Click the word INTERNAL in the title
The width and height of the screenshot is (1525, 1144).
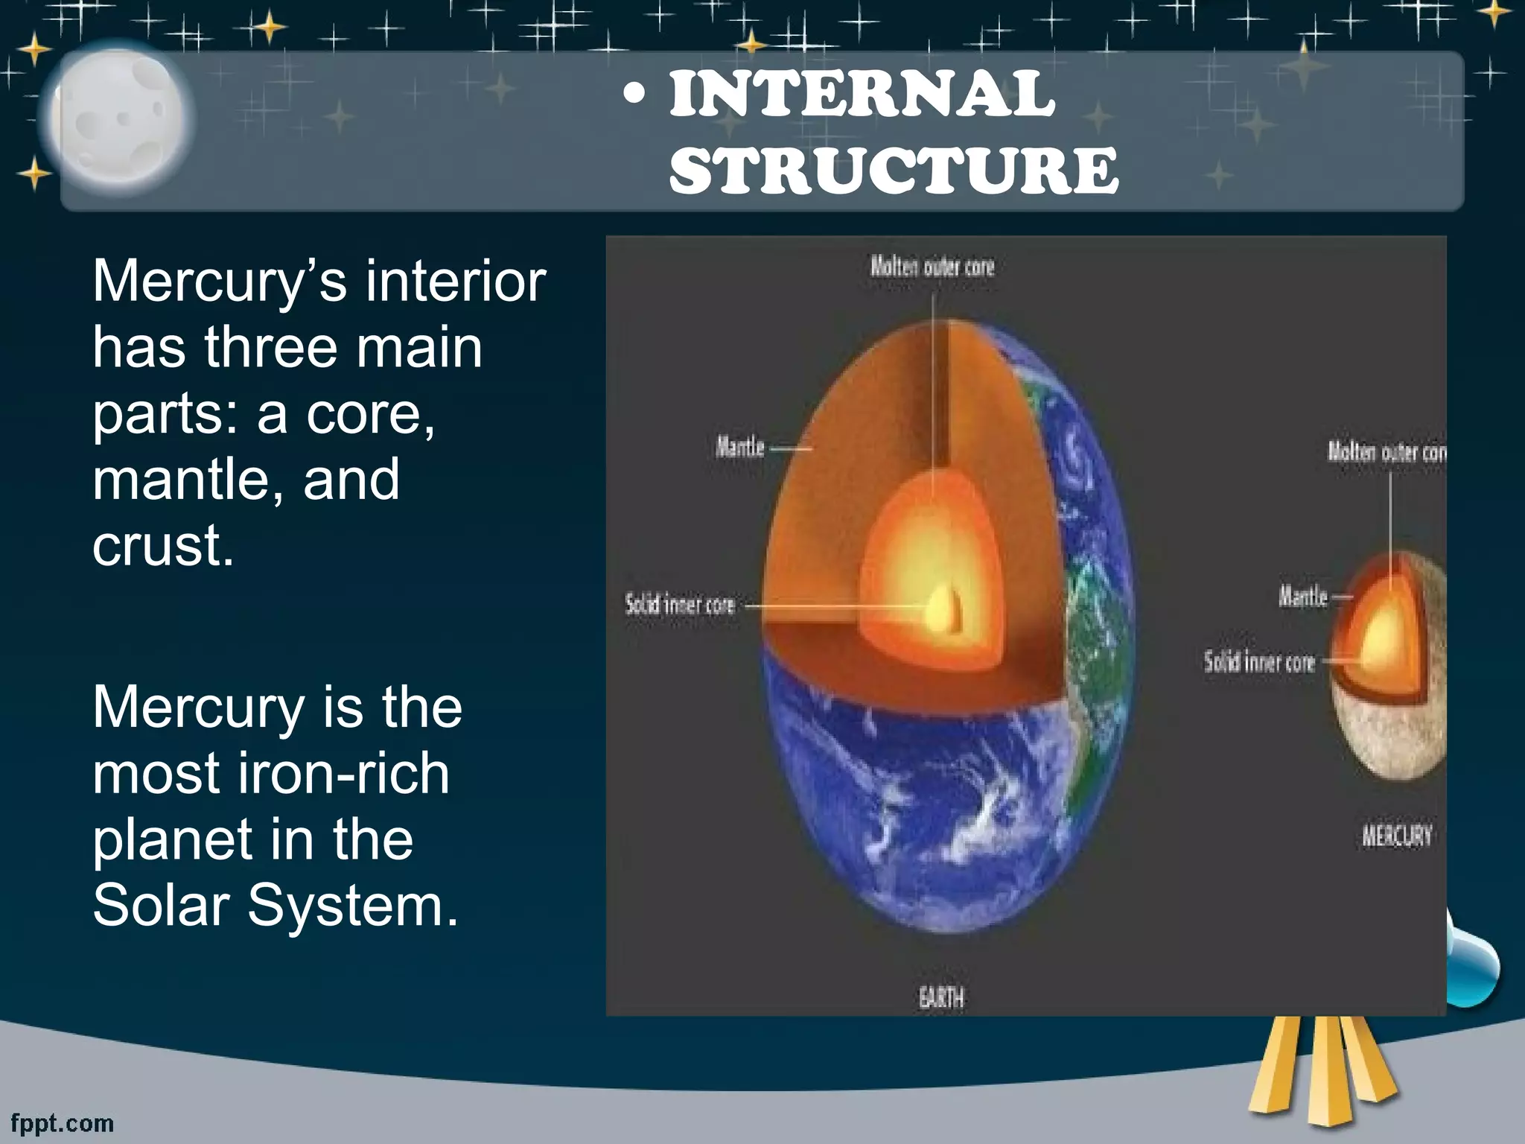(862, 95)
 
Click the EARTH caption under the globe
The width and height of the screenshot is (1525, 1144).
(940, 997)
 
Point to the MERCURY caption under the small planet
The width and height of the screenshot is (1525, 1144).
(1396, 836)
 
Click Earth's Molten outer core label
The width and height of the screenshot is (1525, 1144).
(932, 267)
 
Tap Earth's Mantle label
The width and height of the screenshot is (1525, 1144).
(739, 448)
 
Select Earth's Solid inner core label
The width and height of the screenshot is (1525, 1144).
(680, 604)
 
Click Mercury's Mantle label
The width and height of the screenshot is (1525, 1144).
(1302, 597)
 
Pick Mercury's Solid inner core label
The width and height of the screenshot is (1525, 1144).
(1259, 661)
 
